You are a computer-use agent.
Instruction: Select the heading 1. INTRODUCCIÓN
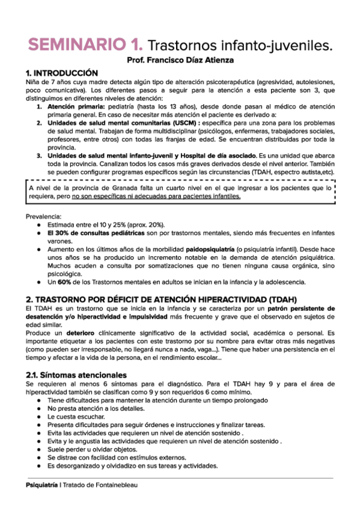click(61, 72)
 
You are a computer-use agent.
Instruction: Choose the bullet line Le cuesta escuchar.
click(76, 416)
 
